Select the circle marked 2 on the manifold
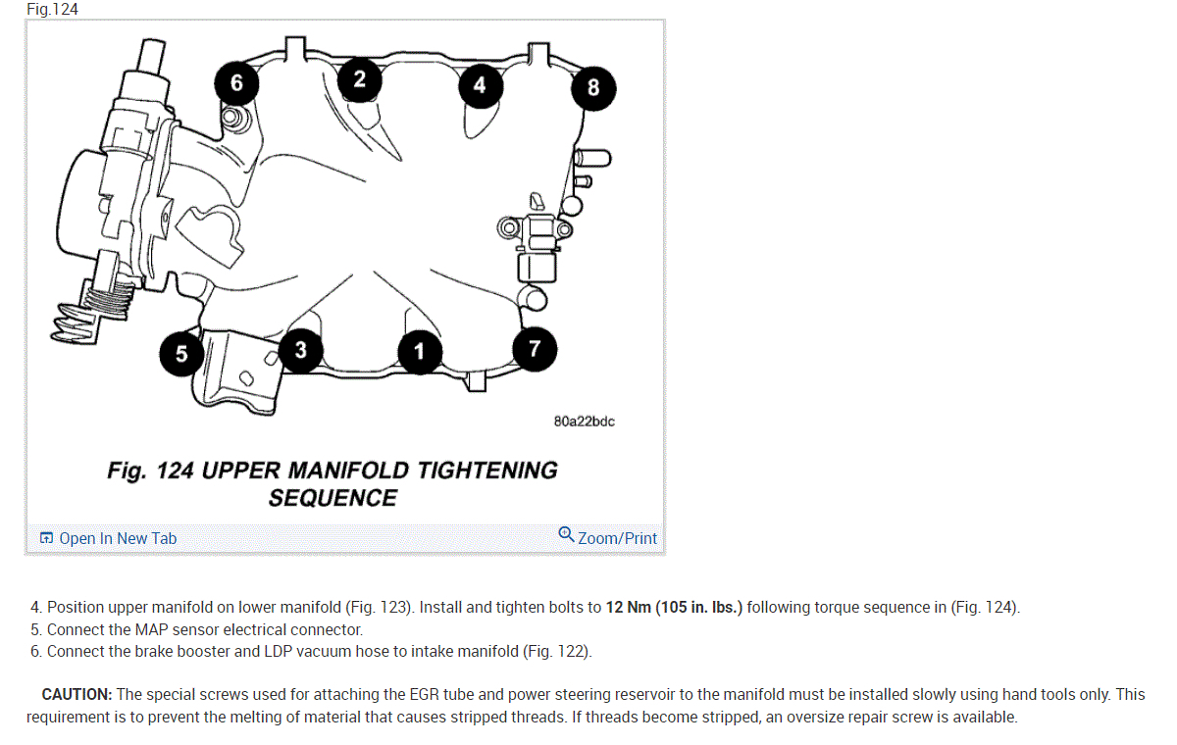(360, 79)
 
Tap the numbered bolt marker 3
(300, 350)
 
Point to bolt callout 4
(480, 85)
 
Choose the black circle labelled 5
(181, 354)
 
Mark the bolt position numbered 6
(236, 83)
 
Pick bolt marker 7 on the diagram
(535, 349)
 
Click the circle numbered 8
(593, 88)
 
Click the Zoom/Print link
(617, 538)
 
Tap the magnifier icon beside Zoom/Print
(566, 534)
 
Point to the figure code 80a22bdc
(585, 422)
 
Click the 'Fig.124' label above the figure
(52, 9)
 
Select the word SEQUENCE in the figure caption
(333, 498)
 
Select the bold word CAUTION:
(77, 694)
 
